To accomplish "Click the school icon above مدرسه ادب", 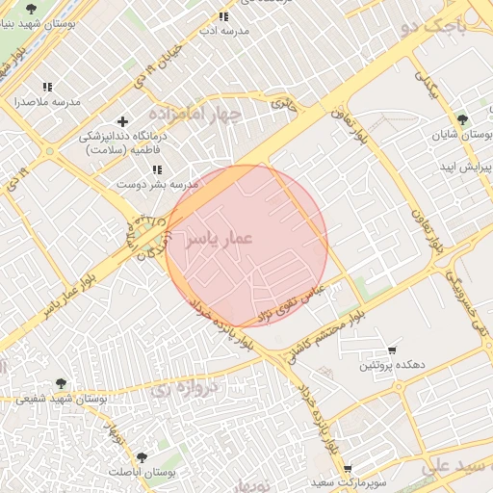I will click(223, 16).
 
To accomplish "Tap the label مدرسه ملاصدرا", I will click(45, 100).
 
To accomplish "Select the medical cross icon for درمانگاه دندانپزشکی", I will click(122, 121).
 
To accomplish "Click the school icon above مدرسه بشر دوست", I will click(157, 169).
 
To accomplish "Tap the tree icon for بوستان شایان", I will click(464, 120).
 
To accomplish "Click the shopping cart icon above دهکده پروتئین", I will click(392, 350).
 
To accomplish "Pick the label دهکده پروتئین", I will click(393, 366).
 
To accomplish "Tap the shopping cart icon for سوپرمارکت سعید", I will click(348, 469).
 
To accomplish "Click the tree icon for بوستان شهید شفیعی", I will click(63, 384).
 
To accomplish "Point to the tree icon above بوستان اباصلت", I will click(143, 457).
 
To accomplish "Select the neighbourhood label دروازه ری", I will click(178, 390).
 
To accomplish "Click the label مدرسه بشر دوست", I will click(158, 183).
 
